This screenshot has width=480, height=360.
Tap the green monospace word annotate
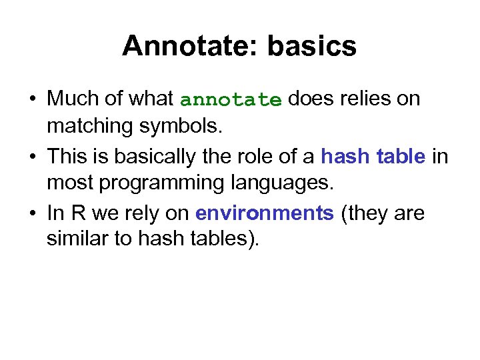pyautogui.click(x=231, y=100)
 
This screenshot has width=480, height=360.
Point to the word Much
pyautogui.click(x=72, y=99)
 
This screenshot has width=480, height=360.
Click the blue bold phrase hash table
pyautogui.click(x=373, y=156)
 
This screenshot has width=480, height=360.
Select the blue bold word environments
pyautogui.click(x=264, y=213)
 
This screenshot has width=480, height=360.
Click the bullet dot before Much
pyautogui.click(x=32, y=99)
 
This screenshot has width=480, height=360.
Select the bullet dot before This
pyautogui.click(x=32, y=157)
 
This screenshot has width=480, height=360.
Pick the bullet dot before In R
pyautogui.click(x=32, y=213)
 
